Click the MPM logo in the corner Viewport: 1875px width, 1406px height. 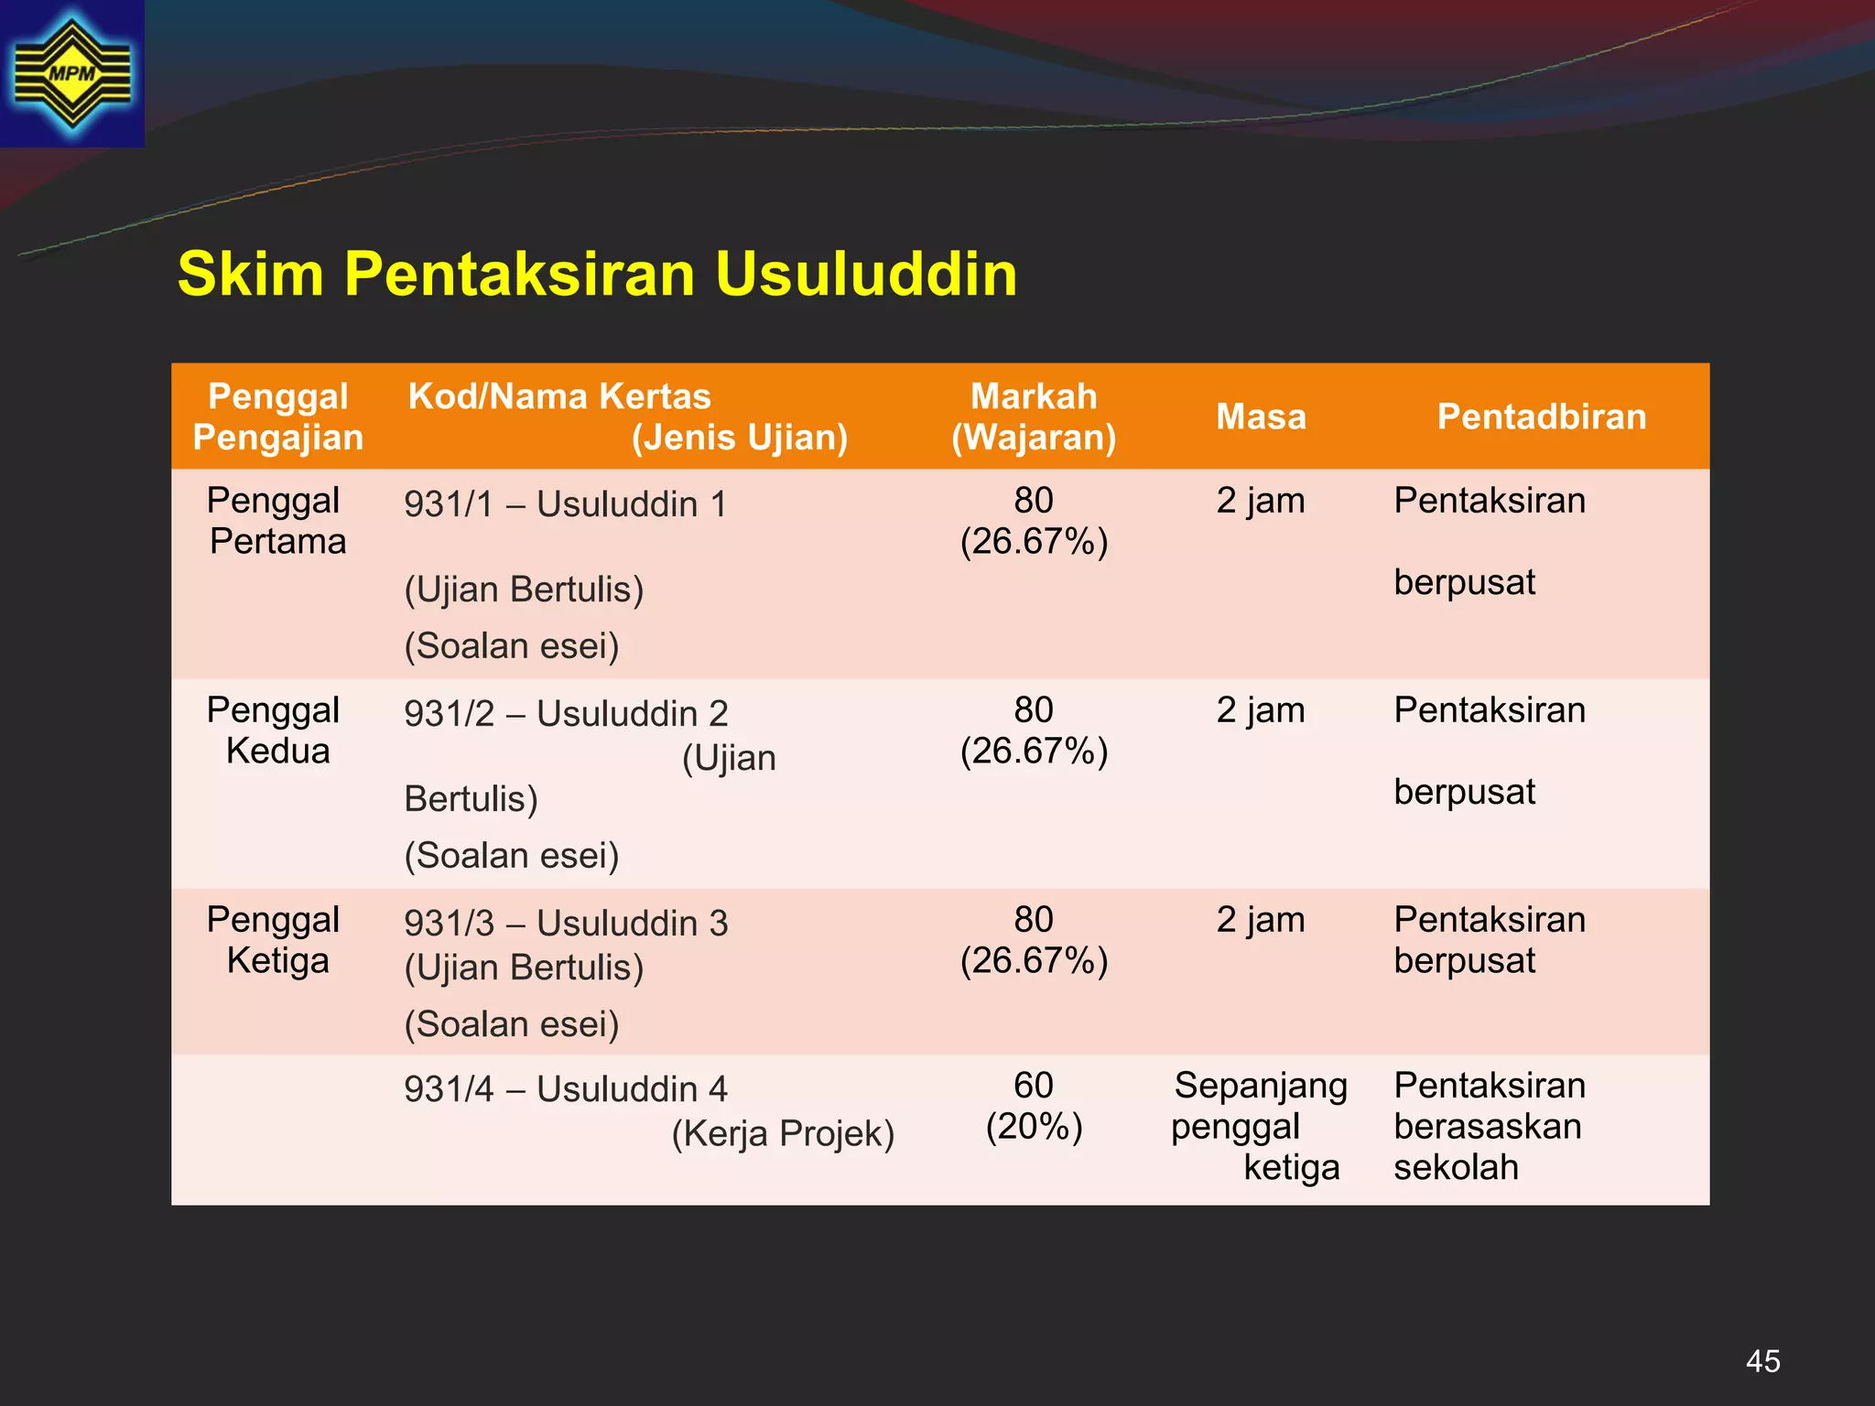coord(72,73)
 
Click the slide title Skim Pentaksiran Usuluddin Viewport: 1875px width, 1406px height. coord(597,274)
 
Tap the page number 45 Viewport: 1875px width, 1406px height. coord(1762,1361)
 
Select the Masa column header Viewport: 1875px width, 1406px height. coord(1261,416)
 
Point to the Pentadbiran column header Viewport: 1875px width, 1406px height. coord(1542,416)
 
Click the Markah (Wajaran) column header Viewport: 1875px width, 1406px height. coord(1034,416)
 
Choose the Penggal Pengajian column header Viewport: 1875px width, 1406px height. coord(278,416)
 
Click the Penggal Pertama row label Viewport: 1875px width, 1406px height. coord(276,521)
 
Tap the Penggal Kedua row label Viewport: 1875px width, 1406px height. coord(275,730)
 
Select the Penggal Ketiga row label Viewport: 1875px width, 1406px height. coord(275,940)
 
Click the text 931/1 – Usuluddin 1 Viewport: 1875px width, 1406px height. coord(566,504)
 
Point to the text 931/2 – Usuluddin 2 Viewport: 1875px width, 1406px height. coord(566,714)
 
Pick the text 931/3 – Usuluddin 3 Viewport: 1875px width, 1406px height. coord(566,924)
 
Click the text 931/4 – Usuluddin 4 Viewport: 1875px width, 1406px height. coord(566,1089)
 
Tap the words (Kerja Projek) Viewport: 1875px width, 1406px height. coord(783,1134)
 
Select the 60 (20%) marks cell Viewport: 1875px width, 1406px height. coord(1034,1106)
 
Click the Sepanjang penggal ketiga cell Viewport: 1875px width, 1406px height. coord(1260,1127)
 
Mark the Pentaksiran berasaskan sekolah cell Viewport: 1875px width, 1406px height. coord(1489,1127)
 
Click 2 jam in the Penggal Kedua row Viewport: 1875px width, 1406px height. coord(1261,710)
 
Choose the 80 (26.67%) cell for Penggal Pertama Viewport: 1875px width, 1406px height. coord(1034,521)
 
